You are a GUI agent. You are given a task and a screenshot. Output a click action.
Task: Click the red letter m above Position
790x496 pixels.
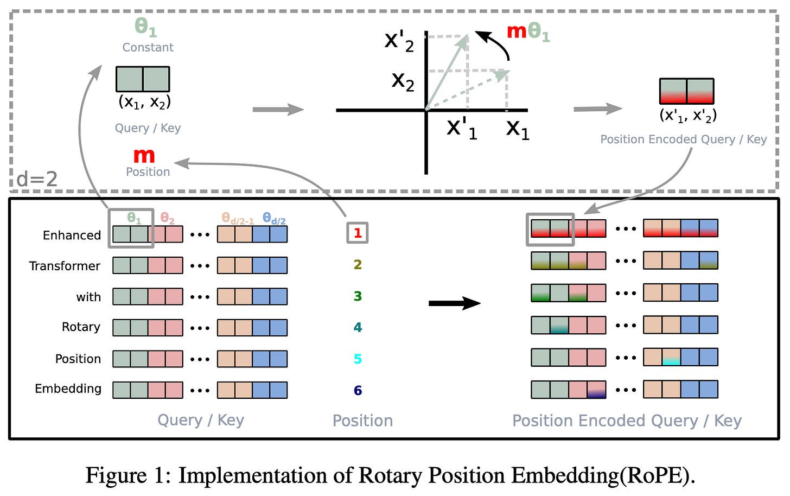(x=144, y=156)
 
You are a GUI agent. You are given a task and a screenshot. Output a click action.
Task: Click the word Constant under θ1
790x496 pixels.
(x=148, y=48)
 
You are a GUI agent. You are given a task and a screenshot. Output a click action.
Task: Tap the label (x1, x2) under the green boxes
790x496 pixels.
(x=144, y=102)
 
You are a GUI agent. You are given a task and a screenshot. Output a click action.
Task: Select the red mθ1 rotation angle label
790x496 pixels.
(x=527, y=32)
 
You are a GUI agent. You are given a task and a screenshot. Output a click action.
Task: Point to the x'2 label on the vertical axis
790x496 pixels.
(x=399, y=41)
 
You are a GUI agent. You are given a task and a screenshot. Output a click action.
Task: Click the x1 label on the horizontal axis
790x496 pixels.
(x=517, y=129)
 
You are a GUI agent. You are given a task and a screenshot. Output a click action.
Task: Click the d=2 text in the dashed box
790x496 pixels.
(x=37, y=179)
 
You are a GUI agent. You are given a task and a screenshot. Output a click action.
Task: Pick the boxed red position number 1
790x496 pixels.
(x=358, y=233)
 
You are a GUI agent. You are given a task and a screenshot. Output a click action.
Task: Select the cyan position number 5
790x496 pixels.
(x=358, y=359)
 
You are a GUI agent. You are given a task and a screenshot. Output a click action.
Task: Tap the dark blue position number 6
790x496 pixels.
(x=358, y=390)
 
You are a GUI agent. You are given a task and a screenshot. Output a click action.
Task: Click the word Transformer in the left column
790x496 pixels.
(x=65, y=266)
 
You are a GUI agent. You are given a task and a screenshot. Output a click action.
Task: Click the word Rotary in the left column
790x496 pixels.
(x=81, y=327)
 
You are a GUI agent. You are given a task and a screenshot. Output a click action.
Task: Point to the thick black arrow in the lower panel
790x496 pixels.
(x=454, y=303)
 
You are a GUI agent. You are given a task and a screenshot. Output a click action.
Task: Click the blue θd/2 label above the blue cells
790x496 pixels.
(x=274, y=218)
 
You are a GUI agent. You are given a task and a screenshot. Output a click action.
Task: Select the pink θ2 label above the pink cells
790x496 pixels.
(x=167, y=219)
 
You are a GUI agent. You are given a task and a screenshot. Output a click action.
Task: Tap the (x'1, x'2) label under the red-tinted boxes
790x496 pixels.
(x=688, y=116)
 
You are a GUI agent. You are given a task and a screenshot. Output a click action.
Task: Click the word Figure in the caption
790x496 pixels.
(x=116, y=475)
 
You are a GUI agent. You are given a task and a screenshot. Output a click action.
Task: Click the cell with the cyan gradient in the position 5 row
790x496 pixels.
(x=671, y=358)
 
